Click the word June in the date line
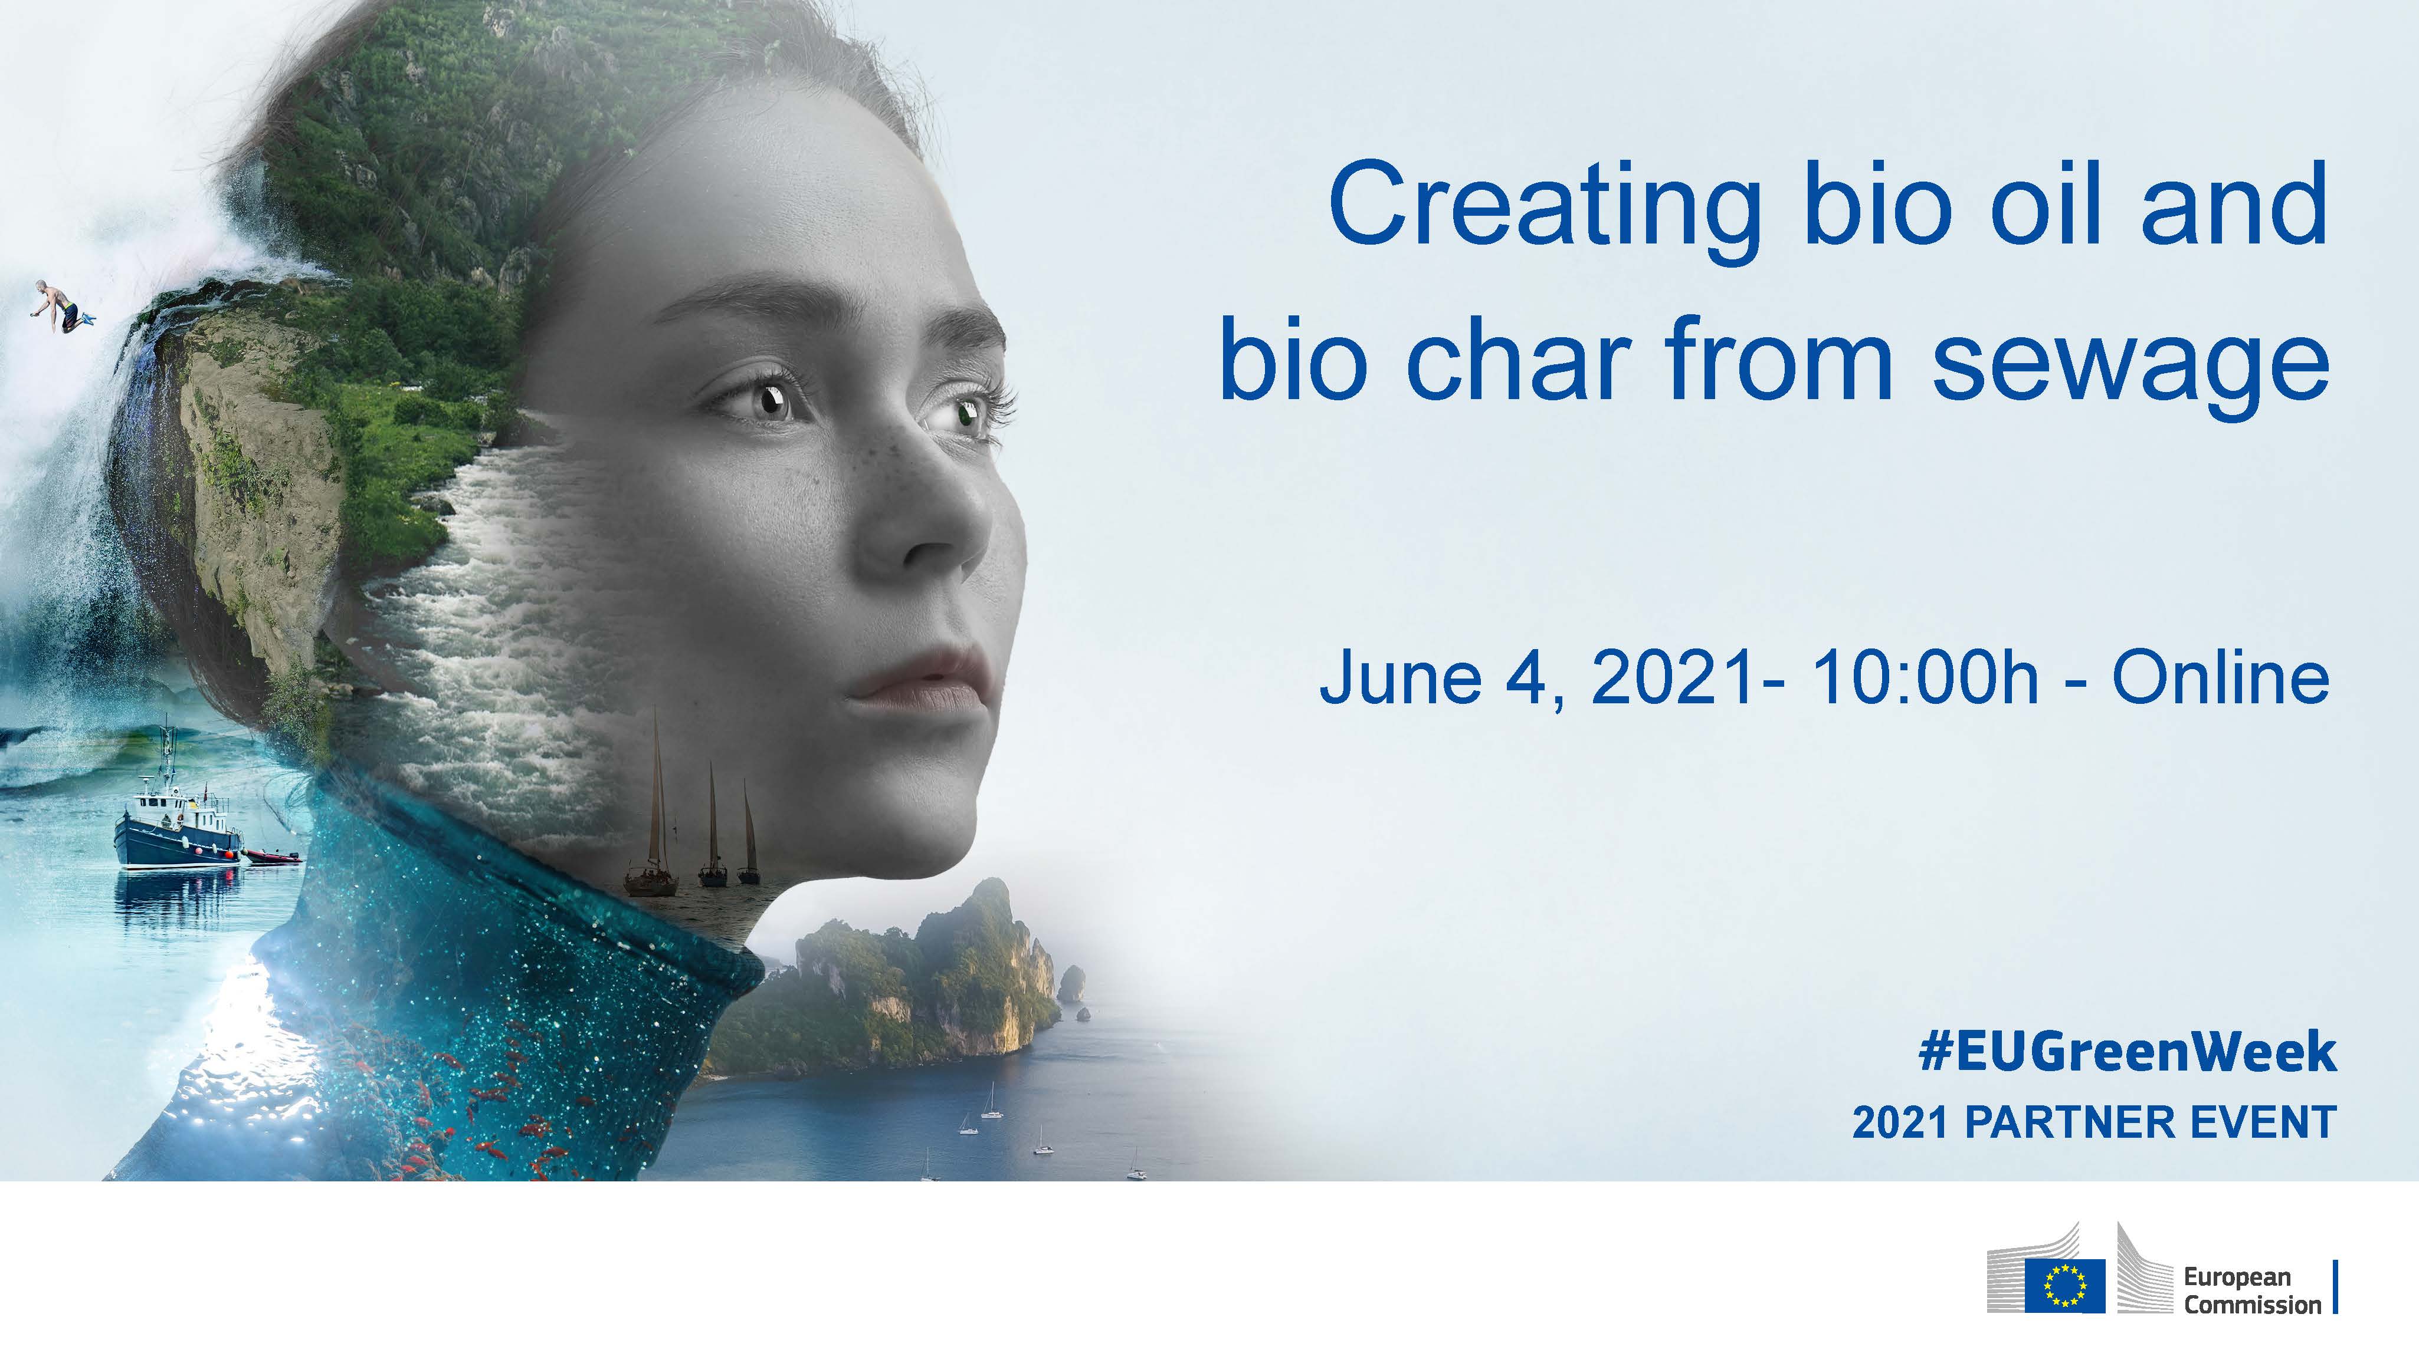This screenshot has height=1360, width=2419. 1401,678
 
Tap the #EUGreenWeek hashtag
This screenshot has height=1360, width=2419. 2127,1051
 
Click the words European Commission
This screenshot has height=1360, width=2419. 2252,1290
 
